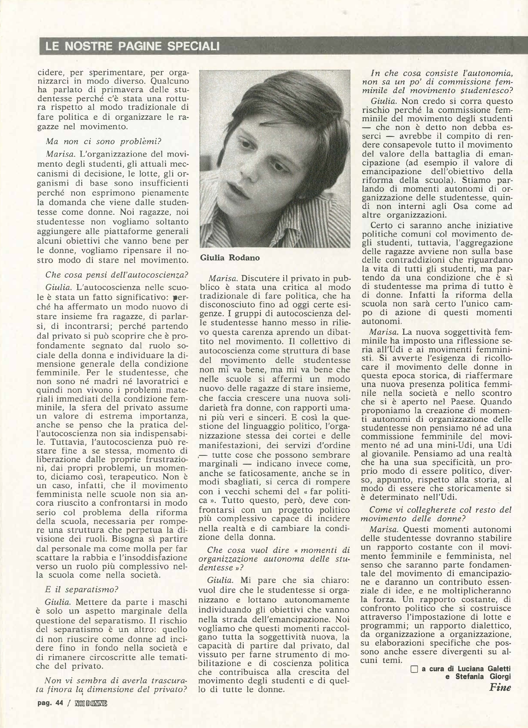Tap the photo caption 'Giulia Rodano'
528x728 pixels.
[x=230, y=258]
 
